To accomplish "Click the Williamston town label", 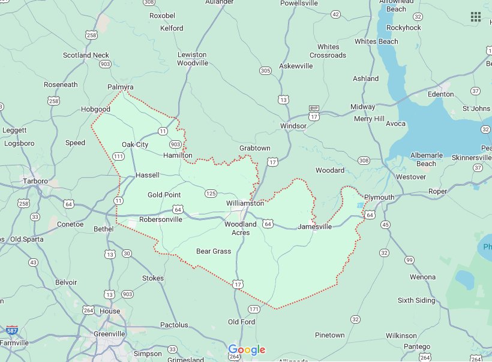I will point(245,203).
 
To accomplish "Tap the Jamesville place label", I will point(314,227).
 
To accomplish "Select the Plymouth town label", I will point(379,197).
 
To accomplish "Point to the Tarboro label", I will point(35,181).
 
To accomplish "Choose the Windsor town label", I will point(293,126).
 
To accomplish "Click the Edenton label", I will point(440,94).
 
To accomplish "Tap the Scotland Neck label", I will point(86,55).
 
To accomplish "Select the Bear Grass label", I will point(214,251).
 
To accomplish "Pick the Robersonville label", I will point(161,219).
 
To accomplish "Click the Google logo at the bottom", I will point(246,349).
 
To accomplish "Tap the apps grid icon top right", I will point(476,17).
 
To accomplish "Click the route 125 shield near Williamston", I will point(211,193).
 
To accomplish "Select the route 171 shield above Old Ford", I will point(254,309).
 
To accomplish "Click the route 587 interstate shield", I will point(13,330).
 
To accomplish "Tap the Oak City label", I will point(135,144).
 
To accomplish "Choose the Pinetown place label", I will point(329,335).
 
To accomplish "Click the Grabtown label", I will point(255,148).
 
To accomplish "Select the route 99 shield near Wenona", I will point(409,260).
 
